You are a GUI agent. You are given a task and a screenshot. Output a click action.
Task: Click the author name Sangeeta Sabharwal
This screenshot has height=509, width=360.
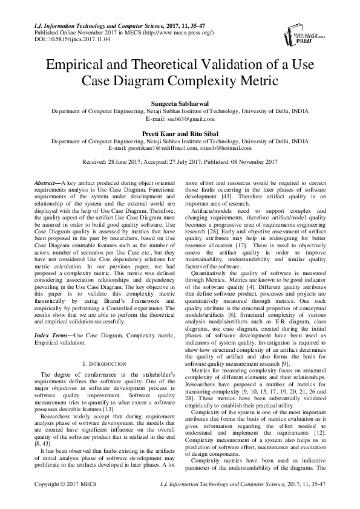click(180, 104)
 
